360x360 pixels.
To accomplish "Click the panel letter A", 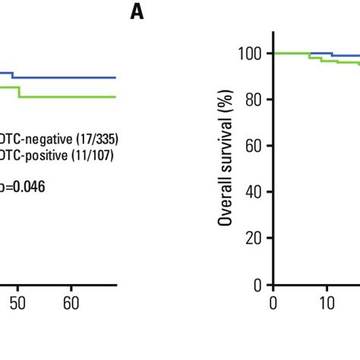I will pyautogui.click(x=137, y=13).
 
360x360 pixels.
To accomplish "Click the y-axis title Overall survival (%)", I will pyautogui.click(x=226, y=156).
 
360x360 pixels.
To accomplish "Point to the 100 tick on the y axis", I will pyautogui.click(x=250, y=54).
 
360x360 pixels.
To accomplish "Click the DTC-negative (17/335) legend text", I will pyautogui.click(x=59, y=139).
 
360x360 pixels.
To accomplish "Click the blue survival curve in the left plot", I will pyautogui.click(x=68, y=77).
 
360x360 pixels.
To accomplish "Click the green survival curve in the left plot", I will pyautogui.click(x=68, y=96).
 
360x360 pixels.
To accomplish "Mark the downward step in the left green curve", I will pyautogui.click(x=20, y=92).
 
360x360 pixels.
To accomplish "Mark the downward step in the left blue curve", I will pyautogui.click(x=12, y=75).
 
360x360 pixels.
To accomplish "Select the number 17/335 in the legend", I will pyautogui.click(x=96, y=139).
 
